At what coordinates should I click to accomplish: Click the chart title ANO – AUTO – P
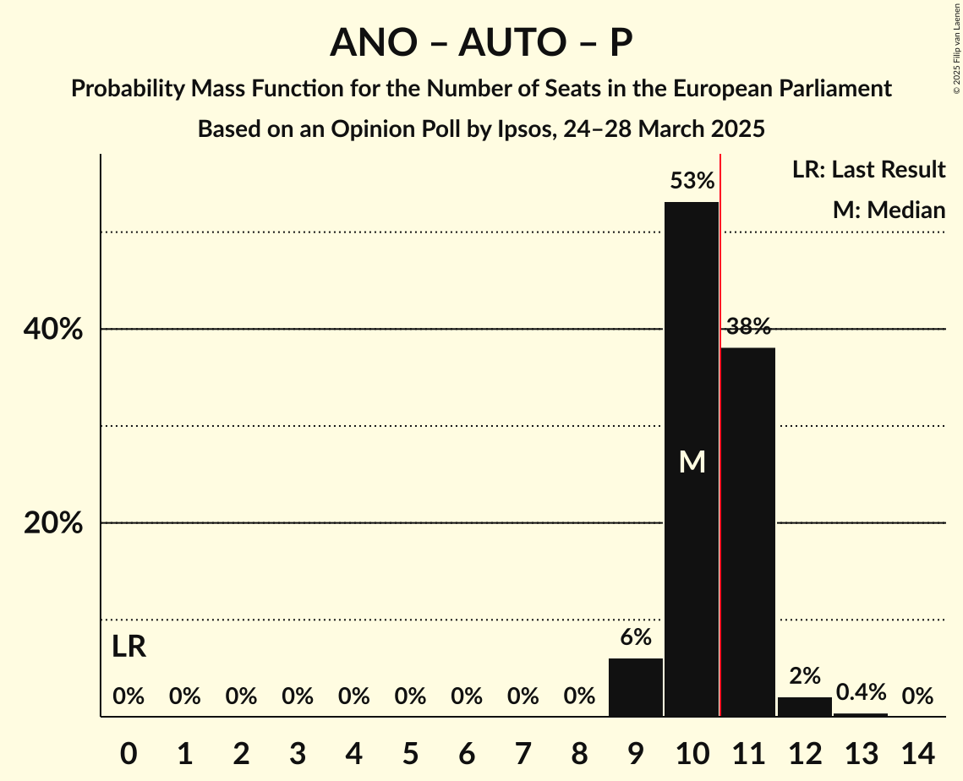481,42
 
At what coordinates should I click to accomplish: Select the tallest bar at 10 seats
692,380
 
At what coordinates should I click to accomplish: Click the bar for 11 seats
748,532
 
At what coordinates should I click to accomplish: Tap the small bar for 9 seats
636,687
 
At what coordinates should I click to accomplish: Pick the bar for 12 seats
805,707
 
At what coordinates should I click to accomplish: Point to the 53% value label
692,181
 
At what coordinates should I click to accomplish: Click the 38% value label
748,326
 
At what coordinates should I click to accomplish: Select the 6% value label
636,637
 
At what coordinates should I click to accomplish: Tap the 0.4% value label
861,693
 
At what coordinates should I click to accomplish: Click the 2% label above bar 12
805,675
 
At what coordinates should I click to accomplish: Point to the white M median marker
692,461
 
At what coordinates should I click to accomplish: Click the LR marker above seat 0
129,647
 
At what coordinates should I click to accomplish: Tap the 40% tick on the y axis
53,330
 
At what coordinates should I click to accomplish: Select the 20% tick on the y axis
53,524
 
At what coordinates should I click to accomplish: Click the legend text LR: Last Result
868,170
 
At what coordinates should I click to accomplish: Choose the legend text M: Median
889,210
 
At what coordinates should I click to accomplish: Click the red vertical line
720,423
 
